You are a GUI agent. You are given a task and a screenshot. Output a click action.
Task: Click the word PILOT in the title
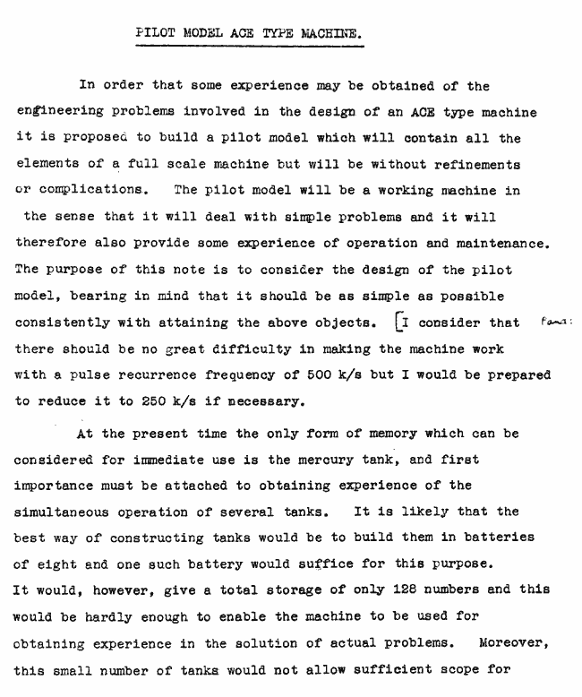(153, 34)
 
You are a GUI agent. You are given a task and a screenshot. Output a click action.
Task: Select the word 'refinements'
(474, 166)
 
